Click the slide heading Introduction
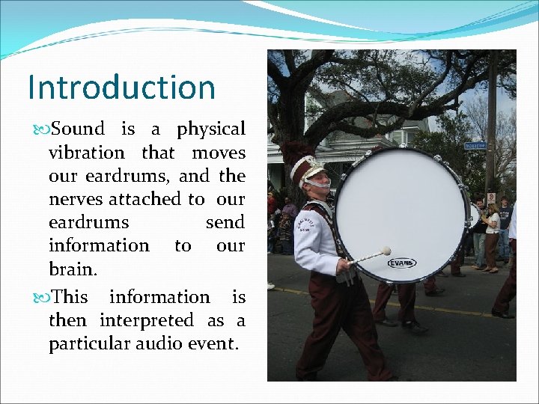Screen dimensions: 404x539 click(x=121, y=87)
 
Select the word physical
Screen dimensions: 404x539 click(x=211, y=129)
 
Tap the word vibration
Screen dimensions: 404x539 click(x=86, y=153)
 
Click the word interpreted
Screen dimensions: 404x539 click(x=147, y=320)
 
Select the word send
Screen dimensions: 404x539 click(x=225, y=222)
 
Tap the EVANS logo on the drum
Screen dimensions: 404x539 click(x=402, y=263)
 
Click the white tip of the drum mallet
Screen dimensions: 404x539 click(x=386, y=251)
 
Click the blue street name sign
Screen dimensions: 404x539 click(x=475, y=145)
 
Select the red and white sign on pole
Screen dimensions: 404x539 click(x=491, y=197)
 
